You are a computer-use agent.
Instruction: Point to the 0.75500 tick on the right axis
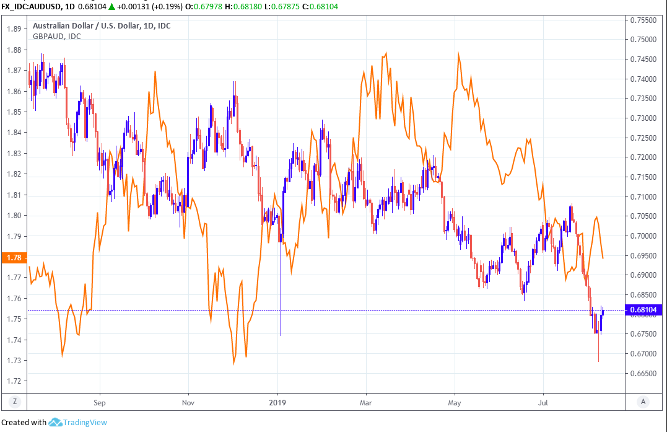click(x=642, y=20)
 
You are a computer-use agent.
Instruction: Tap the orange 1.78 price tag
click(x=13, y=258)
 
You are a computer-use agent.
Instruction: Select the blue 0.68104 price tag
click(x=643, y=311)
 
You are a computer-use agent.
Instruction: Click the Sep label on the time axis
click(x=100, y=402)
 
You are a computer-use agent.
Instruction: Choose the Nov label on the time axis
click(x=188, y=402)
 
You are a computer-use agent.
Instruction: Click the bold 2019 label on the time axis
click(x=278, y=402)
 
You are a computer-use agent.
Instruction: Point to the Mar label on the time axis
click(x=365, y=402)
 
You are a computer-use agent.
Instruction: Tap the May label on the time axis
click(x=455, y=402)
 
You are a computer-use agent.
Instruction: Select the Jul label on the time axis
click(x=543, y=402)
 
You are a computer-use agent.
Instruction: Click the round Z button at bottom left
click(x=14, y=402)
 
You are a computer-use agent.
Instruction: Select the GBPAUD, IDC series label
click(x=56, y=36)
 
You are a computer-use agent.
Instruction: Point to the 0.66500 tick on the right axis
click(x=642, y=374)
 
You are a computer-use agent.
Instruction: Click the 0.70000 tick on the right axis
click(x=642, y=236)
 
